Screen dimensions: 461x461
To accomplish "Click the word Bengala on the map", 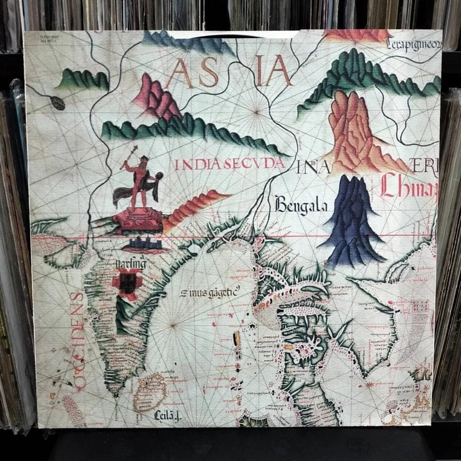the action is tap(301, 206).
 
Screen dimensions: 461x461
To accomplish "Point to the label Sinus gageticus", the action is tap(210, 291).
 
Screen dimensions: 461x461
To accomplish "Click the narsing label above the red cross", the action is tap(130, 263).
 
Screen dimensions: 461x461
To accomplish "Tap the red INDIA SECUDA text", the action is tap(230, 164).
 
